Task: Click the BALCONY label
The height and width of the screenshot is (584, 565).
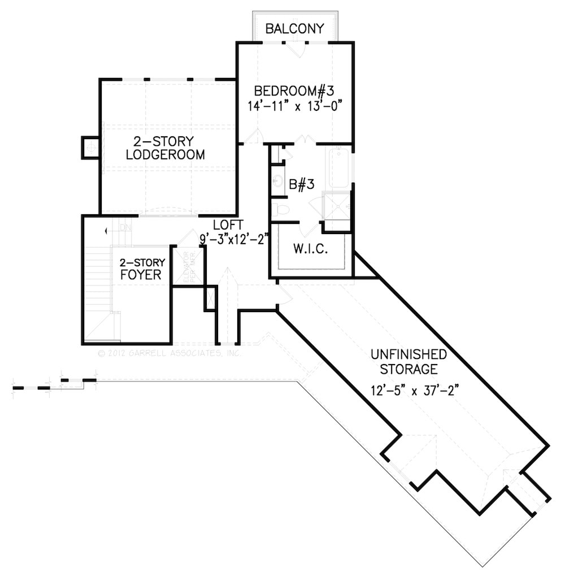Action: pyautogui.click(x=295, y=28)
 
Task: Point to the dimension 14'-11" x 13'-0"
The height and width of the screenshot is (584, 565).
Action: pyautogui.click(x=295, y=106)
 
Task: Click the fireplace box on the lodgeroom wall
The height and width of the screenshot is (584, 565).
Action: pyautogui.click(x=90, y=148)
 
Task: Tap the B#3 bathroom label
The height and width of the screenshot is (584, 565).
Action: pyautogui.click(x=302, y=184)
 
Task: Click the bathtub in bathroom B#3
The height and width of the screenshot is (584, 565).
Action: pyautogui.click(x=339, y=167)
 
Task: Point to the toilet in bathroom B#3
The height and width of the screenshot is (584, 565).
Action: pyautogui.click(x=281, y=210)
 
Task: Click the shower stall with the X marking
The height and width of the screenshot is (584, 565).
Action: pyautogui.click(x=336, y=205)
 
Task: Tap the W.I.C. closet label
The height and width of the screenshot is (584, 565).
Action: pyautogui.click(x=310, y=249)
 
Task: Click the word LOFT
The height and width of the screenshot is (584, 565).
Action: pyautogui.click(x=228, y=223)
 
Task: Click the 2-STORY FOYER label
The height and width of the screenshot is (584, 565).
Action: pyautogui.click(x=142, y=269)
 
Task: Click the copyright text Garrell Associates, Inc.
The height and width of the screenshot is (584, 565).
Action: pyautogui.click(x=169, y=353)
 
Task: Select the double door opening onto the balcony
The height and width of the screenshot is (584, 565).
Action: pyautogui.click(x=294, y=48)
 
